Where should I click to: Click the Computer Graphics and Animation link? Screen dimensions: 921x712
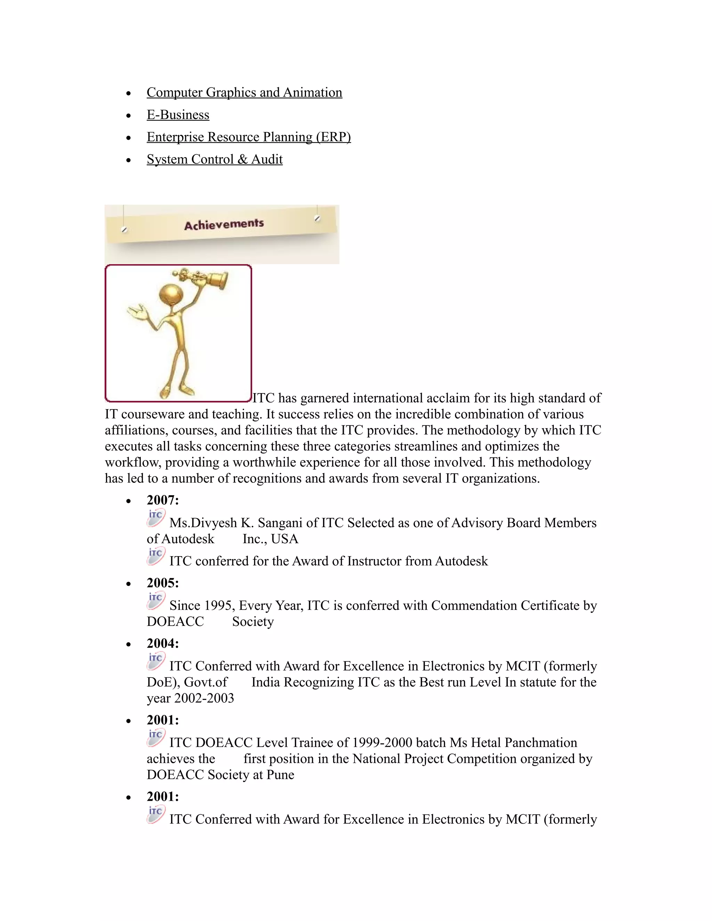tap(244, 92)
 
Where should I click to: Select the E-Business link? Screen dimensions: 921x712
tap(178, 115)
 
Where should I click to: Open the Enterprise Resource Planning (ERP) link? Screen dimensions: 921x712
tap(249, 137)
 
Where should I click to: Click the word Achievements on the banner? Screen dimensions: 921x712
tap(224, 225)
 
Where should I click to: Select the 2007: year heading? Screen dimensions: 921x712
tap(163, 500)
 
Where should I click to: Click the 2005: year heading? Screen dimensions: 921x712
tap(163, 583)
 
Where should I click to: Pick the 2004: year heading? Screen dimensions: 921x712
tap(163, 644)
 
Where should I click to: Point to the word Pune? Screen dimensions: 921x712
tap(281, 775)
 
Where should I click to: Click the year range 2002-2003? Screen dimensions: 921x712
tap(204, 698)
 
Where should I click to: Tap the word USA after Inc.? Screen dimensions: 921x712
tap(285, 539)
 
